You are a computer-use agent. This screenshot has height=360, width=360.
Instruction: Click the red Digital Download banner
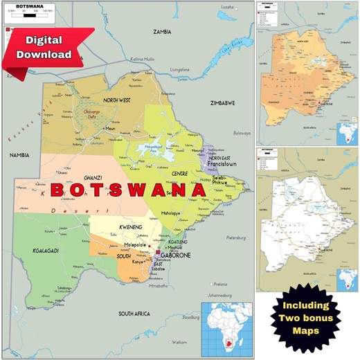pyautogui.click(x=46, y=48)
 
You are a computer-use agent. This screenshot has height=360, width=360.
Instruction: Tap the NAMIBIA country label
pyautogui.click(x=19, y=156)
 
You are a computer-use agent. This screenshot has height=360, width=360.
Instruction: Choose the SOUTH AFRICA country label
pyautogui.click(x=135, y=314)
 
